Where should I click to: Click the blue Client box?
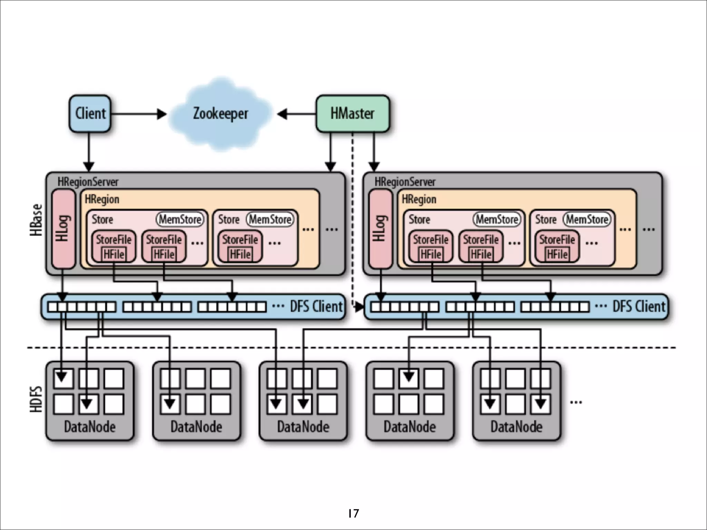click(90, 114)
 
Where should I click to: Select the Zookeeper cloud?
click(220, 114)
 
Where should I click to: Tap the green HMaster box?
click(352, 114)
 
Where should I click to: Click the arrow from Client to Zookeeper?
click(138, 114)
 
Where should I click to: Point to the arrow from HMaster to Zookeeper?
click(297, 114)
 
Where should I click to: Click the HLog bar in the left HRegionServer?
click(63, 228)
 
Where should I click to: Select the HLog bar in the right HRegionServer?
click(380, 228)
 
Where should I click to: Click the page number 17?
click(353, 513)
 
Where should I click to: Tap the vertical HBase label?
click(36, 220)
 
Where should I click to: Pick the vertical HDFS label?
click(36, 399)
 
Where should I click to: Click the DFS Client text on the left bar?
click(316, 306)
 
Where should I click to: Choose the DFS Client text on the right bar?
click(639, 306)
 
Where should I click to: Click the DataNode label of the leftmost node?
click(90, 427)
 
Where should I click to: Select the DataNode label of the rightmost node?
click(516, 427)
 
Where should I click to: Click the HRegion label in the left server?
click(102, 199)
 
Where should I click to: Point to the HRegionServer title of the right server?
click(405, 182)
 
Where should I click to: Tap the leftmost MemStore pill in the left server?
click(180, 219)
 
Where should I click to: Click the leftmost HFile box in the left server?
click(114, 254)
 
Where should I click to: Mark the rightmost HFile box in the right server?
click(557, 254)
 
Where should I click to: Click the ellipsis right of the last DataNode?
click(576, 402)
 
